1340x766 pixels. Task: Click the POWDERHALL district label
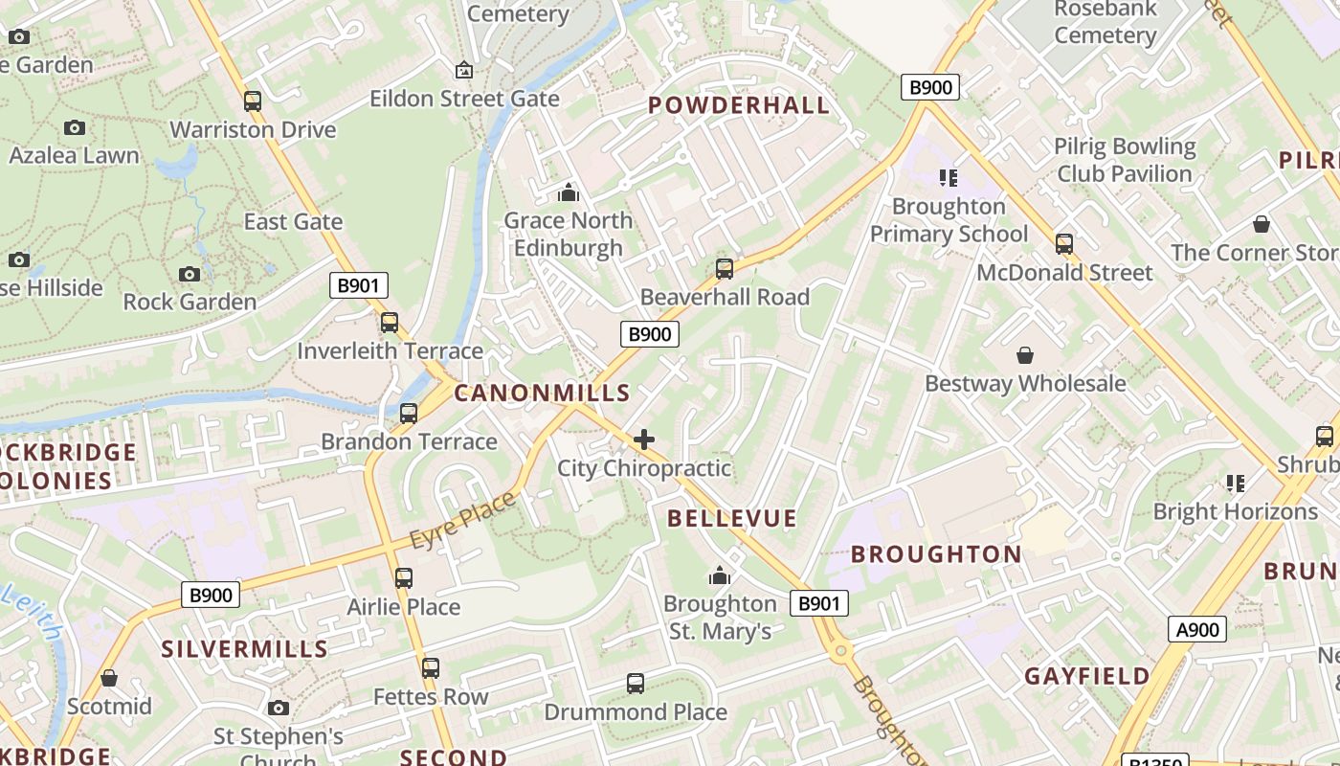click(x=739, y=105)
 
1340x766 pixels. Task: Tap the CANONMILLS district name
click(x=542, y=393)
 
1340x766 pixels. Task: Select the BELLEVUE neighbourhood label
click(x=732, y=519)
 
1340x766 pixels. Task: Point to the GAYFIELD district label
click(x=1087, y=676)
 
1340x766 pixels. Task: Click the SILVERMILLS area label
click(x=245, y=649)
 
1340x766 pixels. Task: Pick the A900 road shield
click(x=1197, y=629)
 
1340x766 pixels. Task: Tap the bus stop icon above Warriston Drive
click(x=253, y=101)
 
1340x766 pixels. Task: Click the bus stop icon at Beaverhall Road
click(x=725, y=269)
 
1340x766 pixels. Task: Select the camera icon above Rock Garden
click(x=190, y=274)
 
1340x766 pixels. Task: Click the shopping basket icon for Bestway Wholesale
click(x=1025, y=355)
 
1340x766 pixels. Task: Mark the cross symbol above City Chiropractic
click(x=644, y=439)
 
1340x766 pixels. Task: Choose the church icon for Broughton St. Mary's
click(x=719, y=575)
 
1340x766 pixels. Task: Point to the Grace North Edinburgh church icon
click(x=569, y=192)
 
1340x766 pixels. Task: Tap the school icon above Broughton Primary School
click(x=949, y=178)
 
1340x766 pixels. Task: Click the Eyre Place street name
click(x=463, y=521)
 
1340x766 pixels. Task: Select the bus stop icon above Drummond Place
click(x=636, y=684)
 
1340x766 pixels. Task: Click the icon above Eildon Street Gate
click(x=464, y=70)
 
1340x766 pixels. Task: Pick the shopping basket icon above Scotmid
click(x=109, y=678)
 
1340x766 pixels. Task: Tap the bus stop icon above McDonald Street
click(x=1064, y=244)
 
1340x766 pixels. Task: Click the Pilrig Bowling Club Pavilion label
click(x=1126, y=160)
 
